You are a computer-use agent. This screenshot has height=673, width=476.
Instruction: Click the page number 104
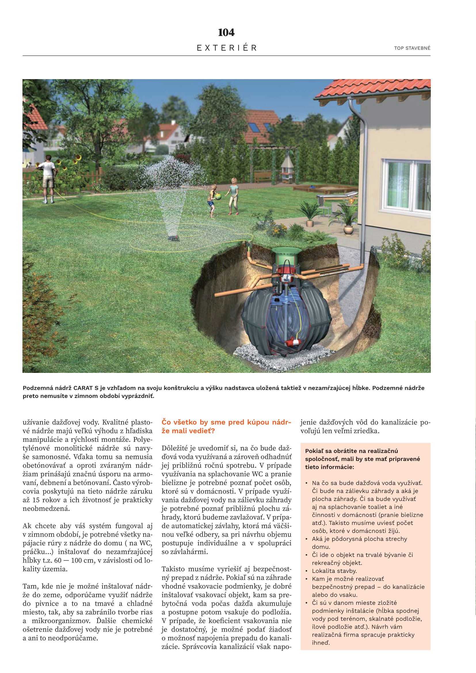click(x=226, y=33)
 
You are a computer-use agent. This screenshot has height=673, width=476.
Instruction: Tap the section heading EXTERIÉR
click(x=226, y=48)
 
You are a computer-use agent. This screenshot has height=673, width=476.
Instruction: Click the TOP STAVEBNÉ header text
click(x=412, y=48)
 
